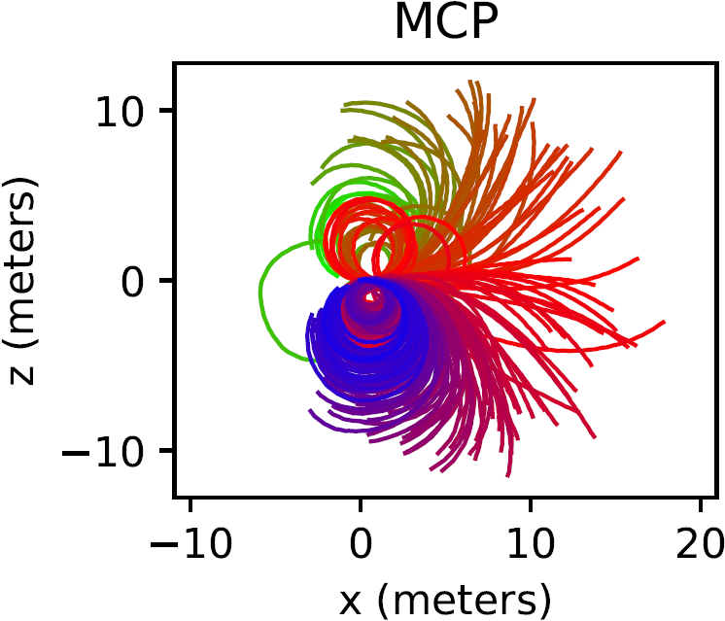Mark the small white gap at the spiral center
click(x=370, y=295)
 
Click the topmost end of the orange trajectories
click(x=471, y=83)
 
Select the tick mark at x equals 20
click(x=701, y=503)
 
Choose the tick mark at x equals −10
click(x=190, y=503)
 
